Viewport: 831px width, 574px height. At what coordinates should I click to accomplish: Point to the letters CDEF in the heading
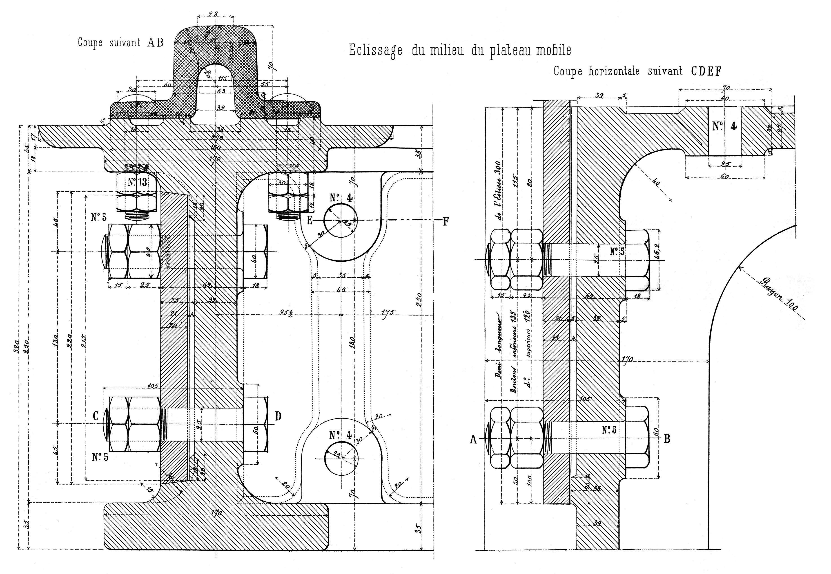[706, 72]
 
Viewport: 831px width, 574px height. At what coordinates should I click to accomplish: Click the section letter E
[309, 221]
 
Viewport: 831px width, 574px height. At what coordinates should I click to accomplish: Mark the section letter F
[445, 222]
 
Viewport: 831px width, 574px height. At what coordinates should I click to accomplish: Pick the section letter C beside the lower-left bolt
[96, 416]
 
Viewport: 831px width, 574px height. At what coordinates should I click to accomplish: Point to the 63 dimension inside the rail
[221, 91]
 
